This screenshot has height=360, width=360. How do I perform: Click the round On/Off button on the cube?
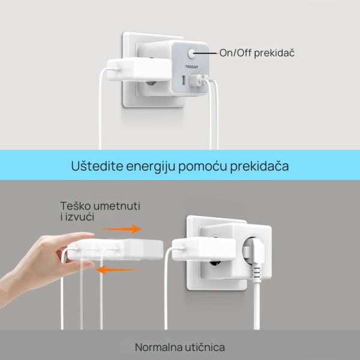191,53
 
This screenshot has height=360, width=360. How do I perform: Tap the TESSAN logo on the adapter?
191,67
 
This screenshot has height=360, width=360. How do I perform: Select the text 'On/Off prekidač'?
257,53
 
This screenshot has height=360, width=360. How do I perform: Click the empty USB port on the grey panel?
184,80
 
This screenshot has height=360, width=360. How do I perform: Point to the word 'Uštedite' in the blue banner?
97,166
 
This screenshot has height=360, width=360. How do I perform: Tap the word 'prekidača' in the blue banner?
259,166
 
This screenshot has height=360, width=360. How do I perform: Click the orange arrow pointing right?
119,229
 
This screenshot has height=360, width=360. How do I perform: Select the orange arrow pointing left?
118,270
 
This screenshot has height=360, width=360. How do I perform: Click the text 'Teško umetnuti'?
100,206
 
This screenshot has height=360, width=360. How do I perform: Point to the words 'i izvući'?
77,217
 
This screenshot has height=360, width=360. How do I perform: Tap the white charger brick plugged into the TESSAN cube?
139,70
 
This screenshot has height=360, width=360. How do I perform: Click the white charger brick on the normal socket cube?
204,250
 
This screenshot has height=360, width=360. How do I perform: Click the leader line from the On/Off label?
205,53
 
